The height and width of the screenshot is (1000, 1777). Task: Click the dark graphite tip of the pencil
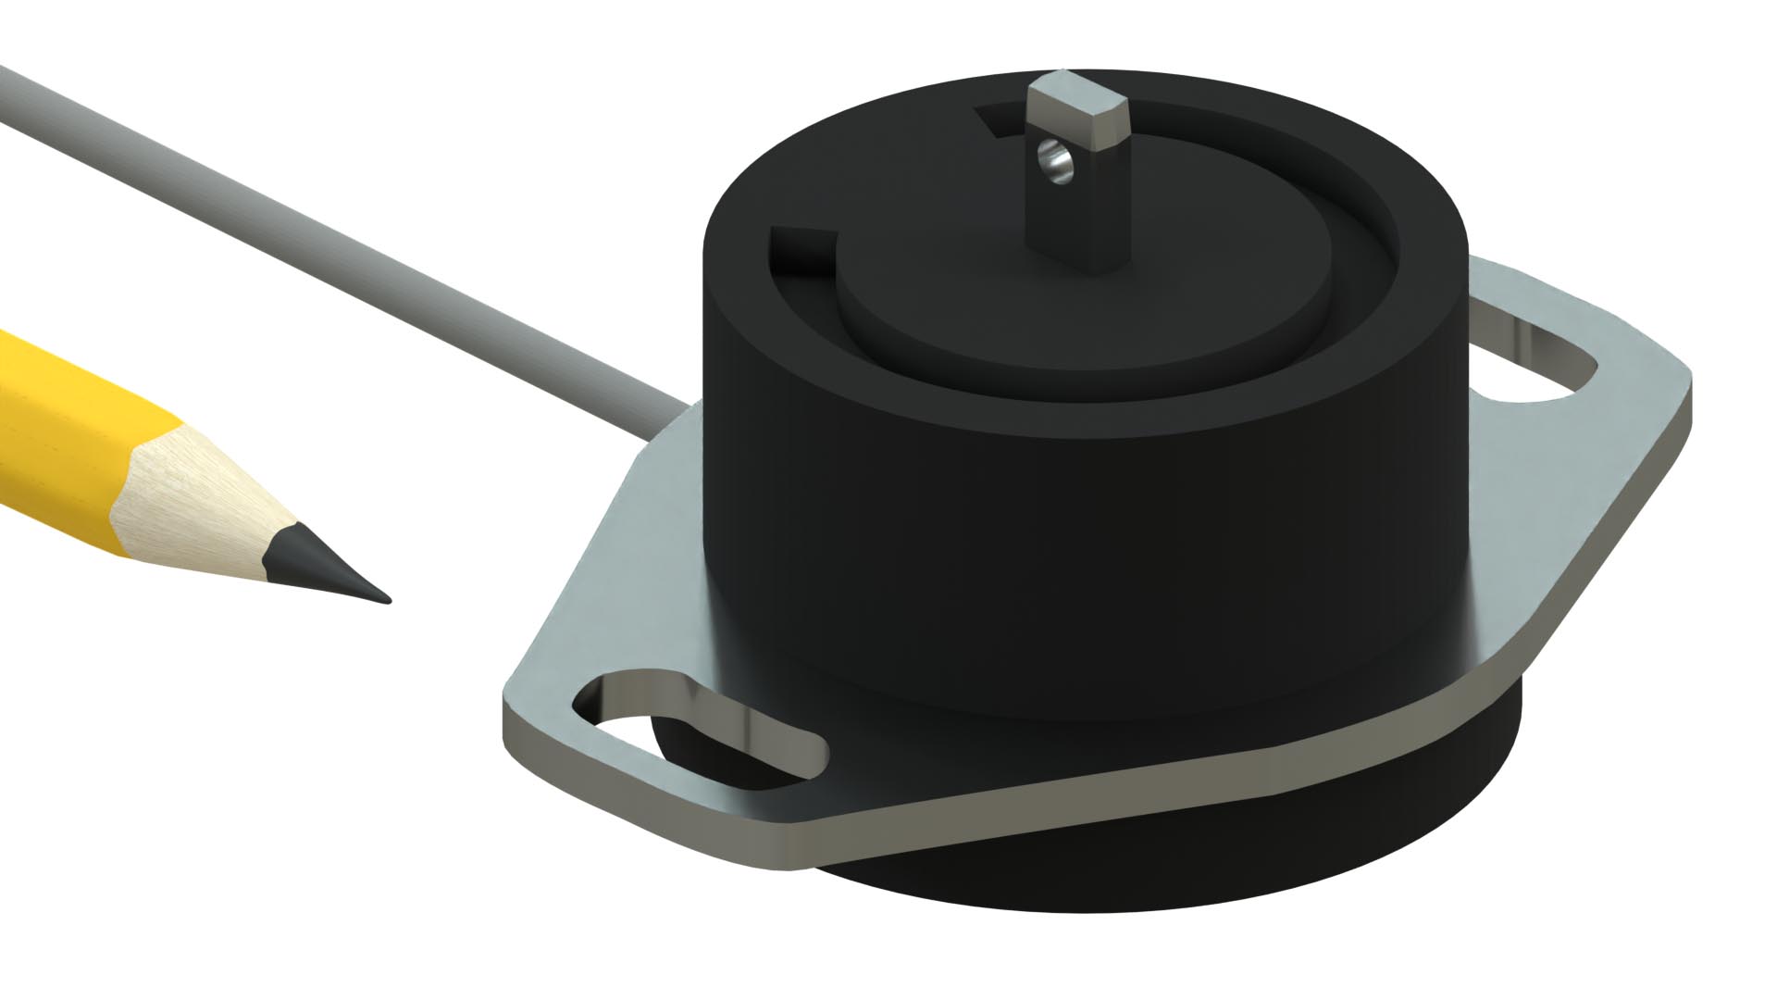click(333, 570)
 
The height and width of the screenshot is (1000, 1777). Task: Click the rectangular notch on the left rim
click(801, 250)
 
